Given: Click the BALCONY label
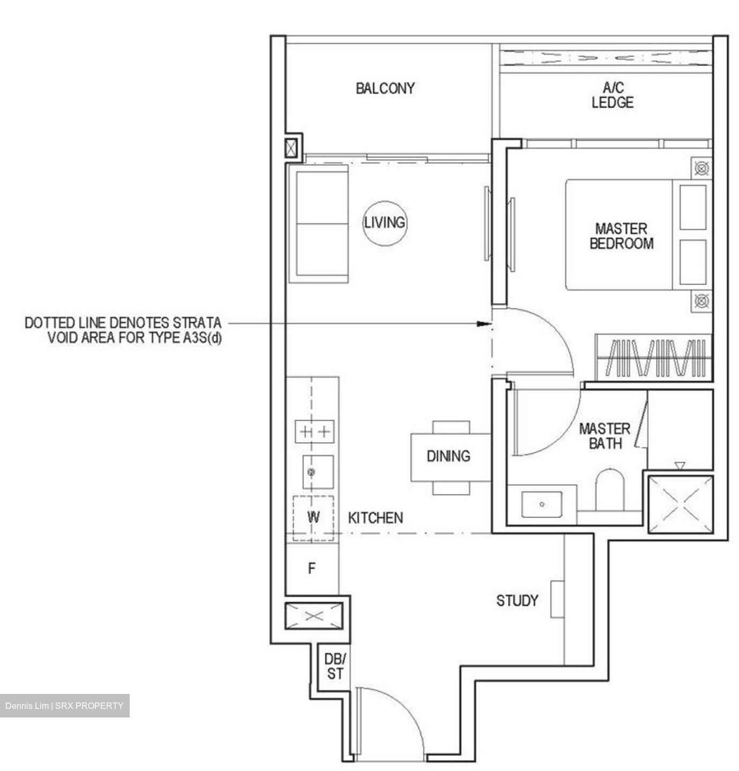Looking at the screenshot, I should pyautogui.click(x=385, y=88).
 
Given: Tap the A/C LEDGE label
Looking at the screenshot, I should pyautogui.click(x=612, y=95).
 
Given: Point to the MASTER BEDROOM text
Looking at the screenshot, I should pyautogui.click(x=621, y=236).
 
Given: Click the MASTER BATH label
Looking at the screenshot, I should pyautogui.click(x=604, y=436).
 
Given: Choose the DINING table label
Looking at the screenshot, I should pyautogui.click(x=448, y=456).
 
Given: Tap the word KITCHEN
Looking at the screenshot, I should pyautogui.click(x=375, y=518).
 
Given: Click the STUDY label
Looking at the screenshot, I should pyautogui.click(x=517, y=601).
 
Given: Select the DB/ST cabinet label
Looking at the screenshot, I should pyautogui.click(x=335, y=666).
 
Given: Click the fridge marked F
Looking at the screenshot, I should pyautogui.click(x=312, y=569).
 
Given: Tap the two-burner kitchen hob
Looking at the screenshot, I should pyautogui.click(x=315, y=432).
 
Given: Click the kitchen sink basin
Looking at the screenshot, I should pyautogui.click(x=318, y=472).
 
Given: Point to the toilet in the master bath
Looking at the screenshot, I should pyautogui.click(x=610, y=490).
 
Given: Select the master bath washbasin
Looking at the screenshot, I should pyautogui.click(x=542, y=504).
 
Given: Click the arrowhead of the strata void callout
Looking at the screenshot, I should pyautogui.click(x=484, y=323).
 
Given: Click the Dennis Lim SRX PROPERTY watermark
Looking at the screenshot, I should pyautogui.click(x=64, y=706).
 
